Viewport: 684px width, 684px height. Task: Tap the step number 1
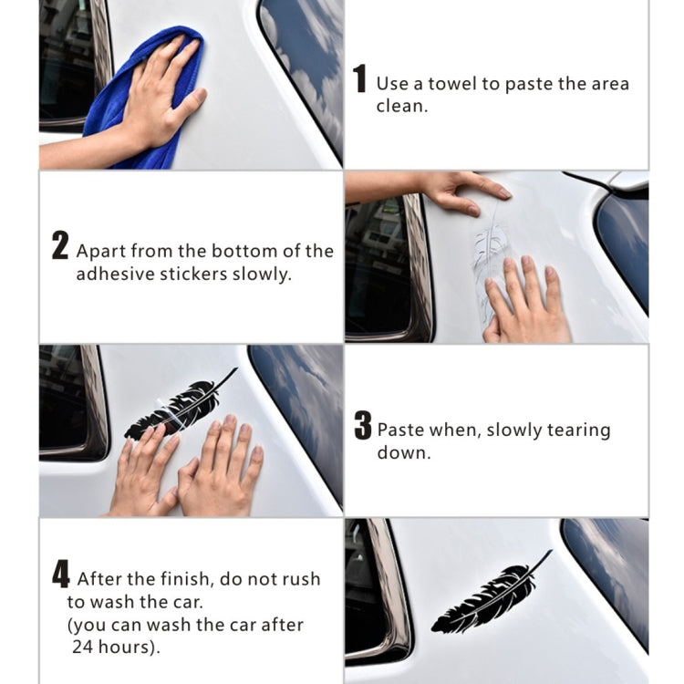tap(360, 79)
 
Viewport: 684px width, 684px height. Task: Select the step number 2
tap(60, 247)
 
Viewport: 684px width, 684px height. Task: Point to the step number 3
tap(363, 427)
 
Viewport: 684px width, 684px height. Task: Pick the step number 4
tap(60, 575)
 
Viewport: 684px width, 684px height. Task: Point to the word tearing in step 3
tap(579, 430)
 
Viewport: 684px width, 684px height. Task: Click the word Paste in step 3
tap(399, 430)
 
